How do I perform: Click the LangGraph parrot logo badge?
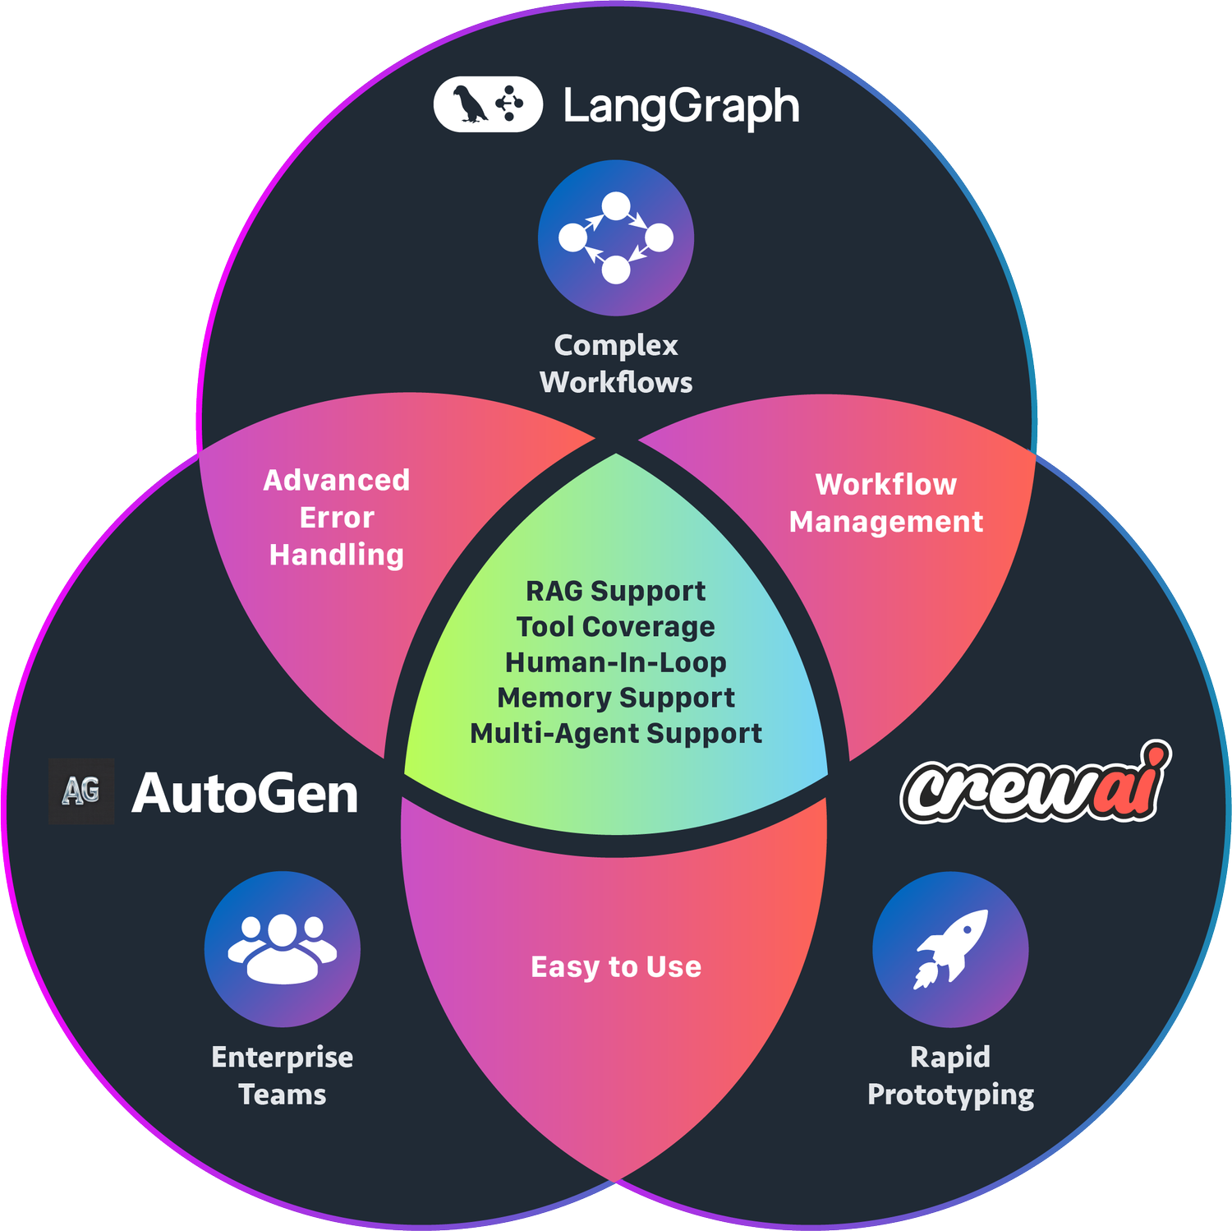488,104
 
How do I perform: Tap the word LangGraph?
681,107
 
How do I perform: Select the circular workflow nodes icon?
616,237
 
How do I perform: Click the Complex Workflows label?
616,363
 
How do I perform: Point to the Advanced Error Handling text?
337,518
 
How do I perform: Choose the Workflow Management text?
886,503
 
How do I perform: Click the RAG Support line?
616,591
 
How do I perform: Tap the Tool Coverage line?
616,626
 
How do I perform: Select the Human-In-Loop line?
616,662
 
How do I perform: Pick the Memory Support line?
616,698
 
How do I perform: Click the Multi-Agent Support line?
616,733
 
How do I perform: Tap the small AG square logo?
81,791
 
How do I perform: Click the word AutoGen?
245,794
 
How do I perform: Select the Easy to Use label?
616,966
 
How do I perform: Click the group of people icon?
282,949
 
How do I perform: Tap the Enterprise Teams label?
282,1076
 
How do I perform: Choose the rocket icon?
950,949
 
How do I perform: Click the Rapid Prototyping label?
950,1076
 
